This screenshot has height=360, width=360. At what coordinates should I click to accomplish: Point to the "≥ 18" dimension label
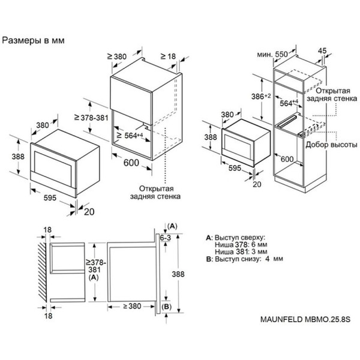[170, 56]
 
